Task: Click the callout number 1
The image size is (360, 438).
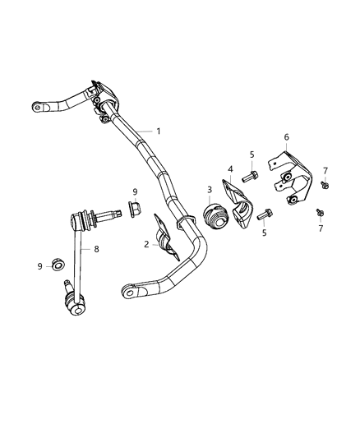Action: coord(158,131)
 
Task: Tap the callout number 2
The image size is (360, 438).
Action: coord(146,244)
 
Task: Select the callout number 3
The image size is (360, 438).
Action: coord(209,190)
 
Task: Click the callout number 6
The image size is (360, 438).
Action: coord(286,137)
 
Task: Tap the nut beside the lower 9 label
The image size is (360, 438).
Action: coord(58,265)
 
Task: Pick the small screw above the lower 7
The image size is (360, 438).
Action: coord(320,212)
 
